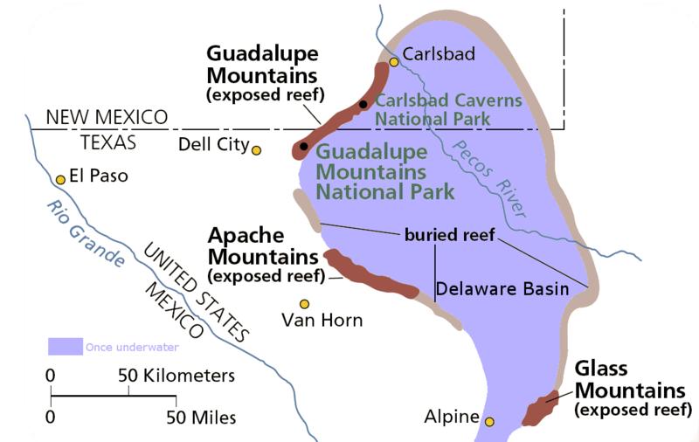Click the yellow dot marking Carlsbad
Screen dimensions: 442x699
pyautogui.click(x=394, y=61)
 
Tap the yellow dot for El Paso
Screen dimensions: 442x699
pyautogui.click(x=60, y=180)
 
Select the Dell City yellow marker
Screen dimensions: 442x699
pyautogui.click(x=256, y=150)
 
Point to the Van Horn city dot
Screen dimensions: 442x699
pyautogui.click(x=304, y=304)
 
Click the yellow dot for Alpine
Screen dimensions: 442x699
pyautogui.click(x=489, y=422)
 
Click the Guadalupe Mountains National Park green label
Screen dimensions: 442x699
pyautogui.click(x=384, y=171)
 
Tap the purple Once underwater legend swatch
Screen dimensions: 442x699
pyautogui.click(x=65, y=347)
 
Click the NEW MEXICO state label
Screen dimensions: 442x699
pyautogui.click(x=106, y=117)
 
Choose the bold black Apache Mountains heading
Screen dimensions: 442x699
pyautogui.click(x=262, y=246)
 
